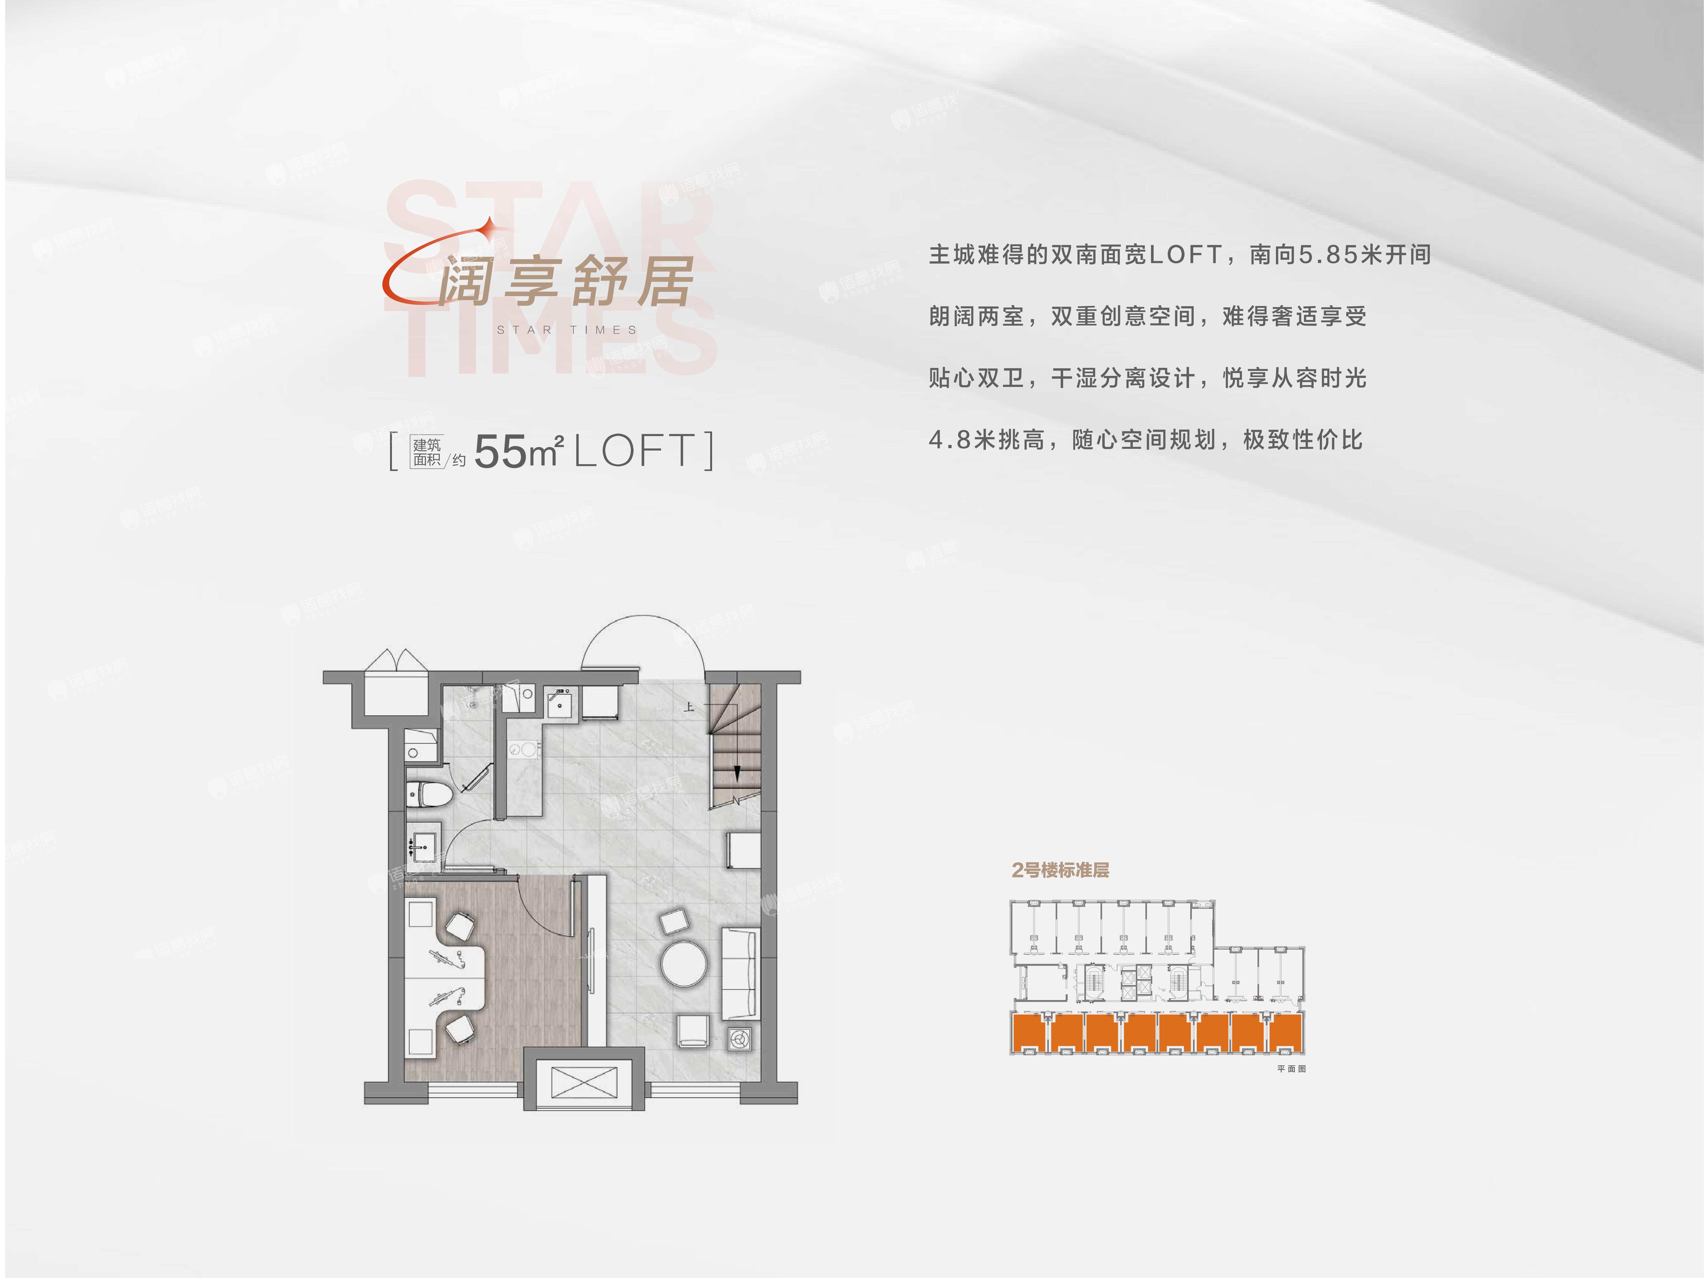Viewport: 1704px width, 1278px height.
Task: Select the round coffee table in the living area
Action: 683,963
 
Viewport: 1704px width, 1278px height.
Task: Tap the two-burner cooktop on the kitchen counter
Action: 523,748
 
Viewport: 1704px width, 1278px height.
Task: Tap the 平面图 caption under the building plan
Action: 1291,1068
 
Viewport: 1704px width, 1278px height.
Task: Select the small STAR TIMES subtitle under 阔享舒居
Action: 567,330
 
